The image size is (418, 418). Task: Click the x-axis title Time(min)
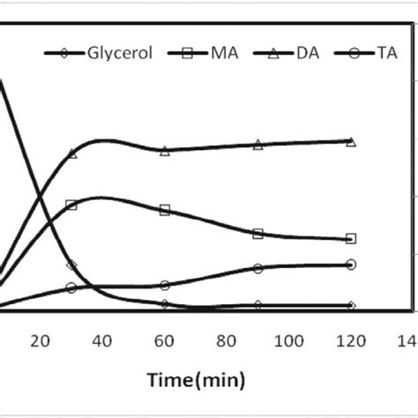coord(203,382)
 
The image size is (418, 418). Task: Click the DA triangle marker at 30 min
coord(71,153)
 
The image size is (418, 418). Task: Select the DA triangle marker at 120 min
coord(351,141)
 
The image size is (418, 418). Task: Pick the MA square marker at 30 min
coord(71,205)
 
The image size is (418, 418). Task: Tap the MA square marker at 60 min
coord(165,210)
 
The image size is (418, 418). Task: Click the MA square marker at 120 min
coord(351,238)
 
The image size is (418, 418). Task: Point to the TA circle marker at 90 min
coord(258,268)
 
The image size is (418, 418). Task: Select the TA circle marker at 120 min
coord(351,265)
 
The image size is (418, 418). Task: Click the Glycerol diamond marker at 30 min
coord(71,265)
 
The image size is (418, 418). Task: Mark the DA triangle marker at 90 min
coord(258,145)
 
